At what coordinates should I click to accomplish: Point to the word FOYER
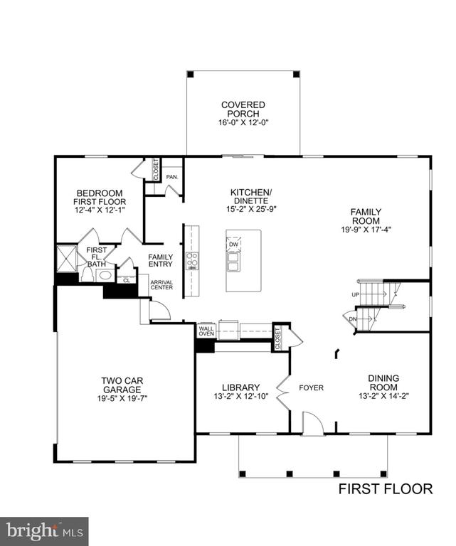pyautogui.click(x=311, y=388)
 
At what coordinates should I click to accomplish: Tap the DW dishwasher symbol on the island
pyautogui.click(x=234, y=244)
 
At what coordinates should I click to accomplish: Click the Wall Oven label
pyautogui.click(x=206, y=330)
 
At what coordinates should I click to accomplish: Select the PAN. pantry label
pyautogui.click(x=171, y=177)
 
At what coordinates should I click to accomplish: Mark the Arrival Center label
pyautogui.click(x=161, y=285)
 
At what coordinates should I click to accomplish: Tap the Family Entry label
pyautogui.click(x=160, y=261)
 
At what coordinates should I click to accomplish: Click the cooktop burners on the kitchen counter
pyautogui.click(x=191, y=261)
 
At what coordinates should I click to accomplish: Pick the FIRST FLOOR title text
pyautogui.click(x=385, y=488)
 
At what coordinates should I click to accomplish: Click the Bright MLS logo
pyautogui.click(x=44, y=530)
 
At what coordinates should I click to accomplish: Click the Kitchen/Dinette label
pyautogui.click(x=251, y=197)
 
